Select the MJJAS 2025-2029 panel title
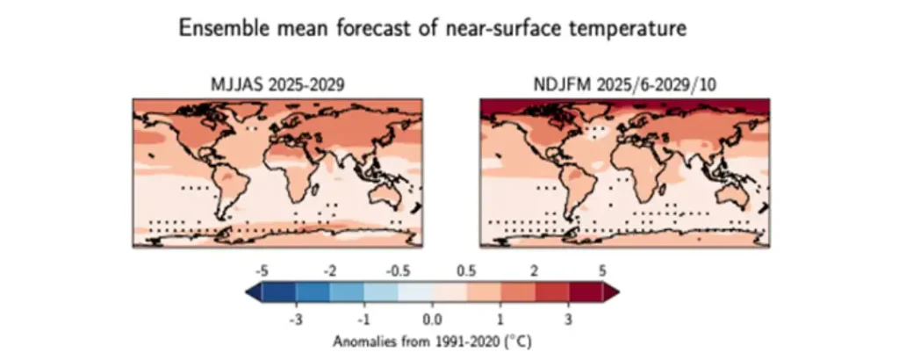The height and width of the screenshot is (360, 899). click(278, 85)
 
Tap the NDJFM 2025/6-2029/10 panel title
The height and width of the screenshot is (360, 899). click(624, 85)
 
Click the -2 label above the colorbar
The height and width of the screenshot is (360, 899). click(329, 270)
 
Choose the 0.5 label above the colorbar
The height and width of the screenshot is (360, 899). click(466, 270)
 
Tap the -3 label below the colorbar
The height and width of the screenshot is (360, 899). click(295, 320)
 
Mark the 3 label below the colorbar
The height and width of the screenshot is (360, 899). click(568, 320)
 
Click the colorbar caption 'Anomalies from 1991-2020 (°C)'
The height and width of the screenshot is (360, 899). click(432, 342)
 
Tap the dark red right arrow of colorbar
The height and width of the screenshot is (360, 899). click(611, 292)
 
